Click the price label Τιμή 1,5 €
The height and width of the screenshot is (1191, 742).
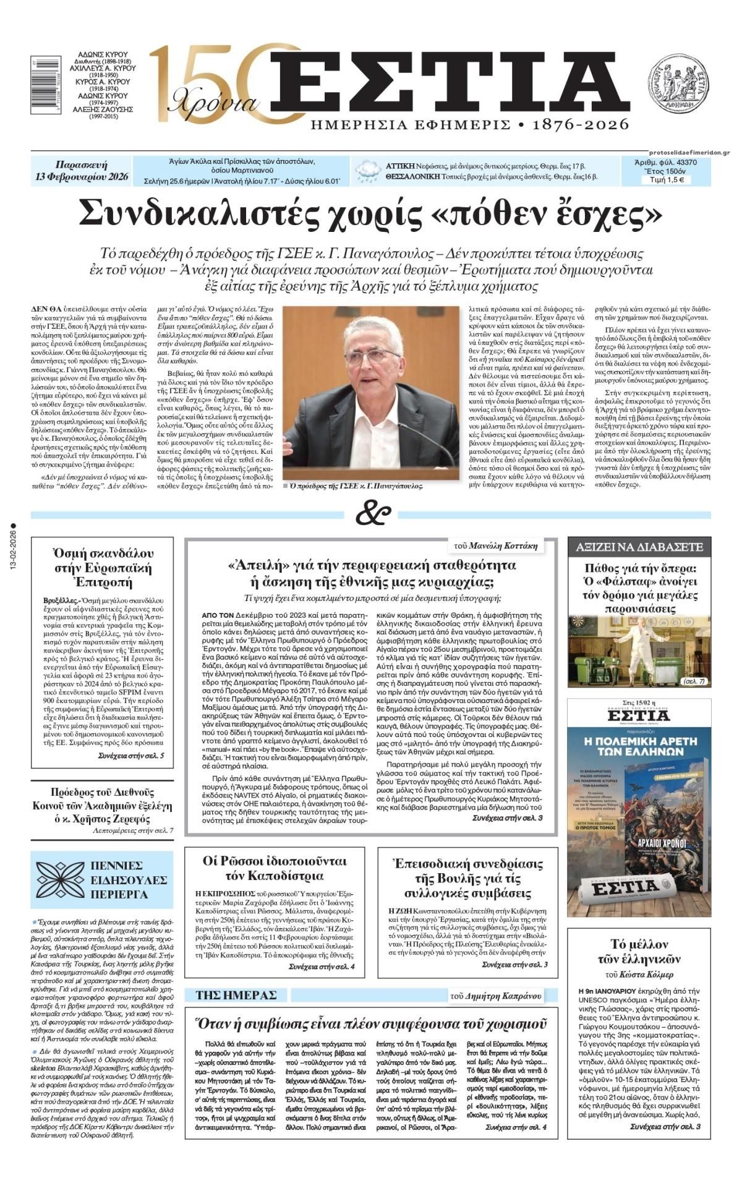pyautogui.click(x=666, y=181)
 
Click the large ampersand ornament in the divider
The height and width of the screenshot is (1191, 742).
pyautogui.click(x=373, y=514)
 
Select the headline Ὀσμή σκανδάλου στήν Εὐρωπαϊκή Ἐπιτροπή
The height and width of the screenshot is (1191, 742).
pyautogui.click(x=103, y=567)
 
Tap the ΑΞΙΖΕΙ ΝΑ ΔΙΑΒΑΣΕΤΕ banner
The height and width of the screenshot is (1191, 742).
pyautogui.click(x=639, y=547)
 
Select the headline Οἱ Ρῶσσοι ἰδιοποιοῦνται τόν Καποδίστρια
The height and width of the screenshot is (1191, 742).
pyautogui.click(x=275, y=868)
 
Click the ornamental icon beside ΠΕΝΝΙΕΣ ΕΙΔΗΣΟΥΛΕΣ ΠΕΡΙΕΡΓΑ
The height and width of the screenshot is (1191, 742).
pyautogui.click(x=60, y=879)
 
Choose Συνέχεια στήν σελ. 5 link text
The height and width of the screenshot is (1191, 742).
pyautogui.click(x=131, y=756)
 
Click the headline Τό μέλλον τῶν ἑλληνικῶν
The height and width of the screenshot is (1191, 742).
pyautogui.click(x=639, y=952)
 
